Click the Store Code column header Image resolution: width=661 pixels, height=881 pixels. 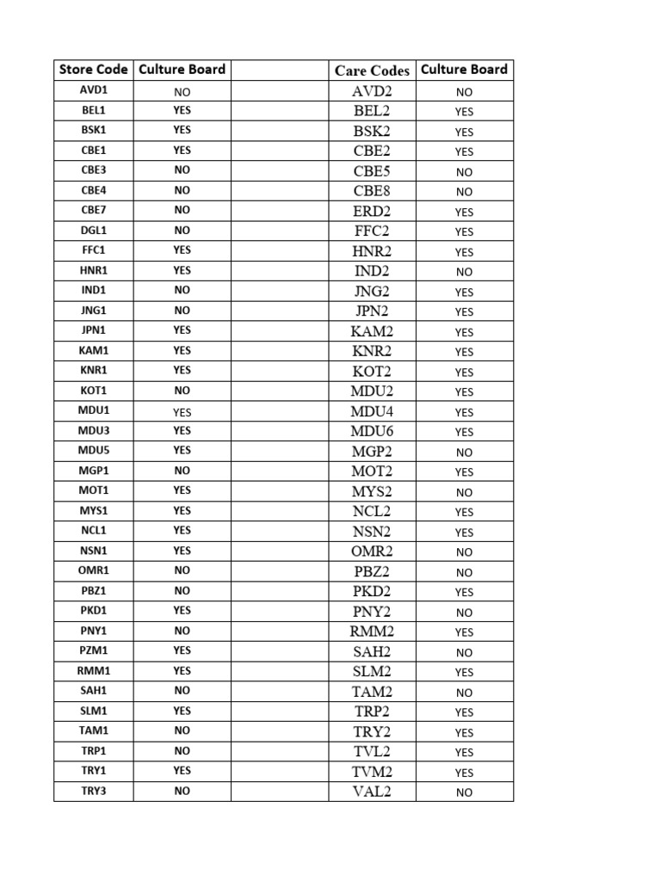tap(93, 70)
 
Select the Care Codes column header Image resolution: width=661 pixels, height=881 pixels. tap(372, 71)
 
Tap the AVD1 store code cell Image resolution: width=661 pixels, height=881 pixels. tap(93, 90)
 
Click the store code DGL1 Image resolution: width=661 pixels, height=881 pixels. tap(93, 231)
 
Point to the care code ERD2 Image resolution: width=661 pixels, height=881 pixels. tap(372, 211)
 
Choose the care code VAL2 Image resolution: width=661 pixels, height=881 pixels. tap(372, 792)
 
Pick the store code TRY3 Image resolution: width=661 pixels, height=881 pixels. tap(93, 791)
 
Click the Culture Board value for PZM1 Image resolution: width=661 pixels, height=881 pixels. tap(182, 650)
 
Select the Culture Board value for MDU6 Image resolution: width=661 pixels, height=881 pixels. tap(464, 432)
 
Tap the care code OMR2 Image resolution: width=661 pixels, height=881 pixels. tap(372, 551)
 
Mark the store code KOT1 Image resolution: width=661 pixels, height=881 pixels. tap(93, 391)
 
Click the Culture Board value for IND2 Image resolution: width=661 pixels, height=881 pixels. tap(464, 272)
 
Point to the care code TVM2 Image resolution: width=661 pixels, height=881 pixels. tap(372, 772)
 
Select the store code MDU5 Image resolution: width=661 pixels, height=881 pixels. tap(93, 450)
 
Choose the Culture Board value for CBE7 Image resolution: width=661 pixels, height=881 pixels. tap(182, 210)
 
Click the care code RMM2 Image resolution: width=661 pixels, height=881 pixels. tap(372, 631)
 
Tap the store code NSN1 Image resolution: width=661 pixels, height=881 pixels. tap(93, 551)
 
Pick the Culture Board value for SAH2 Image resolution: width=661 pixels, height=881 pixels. tap(464, 652)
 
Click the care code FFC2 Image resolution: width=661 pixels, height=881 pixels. tap(372, 231)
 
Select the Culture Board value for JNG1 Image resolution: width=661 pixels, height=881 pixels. tap(182, 311)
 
